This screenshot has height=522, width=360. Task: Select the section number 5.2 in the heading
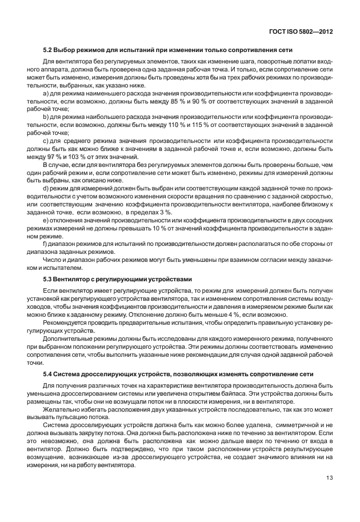pos(49,50)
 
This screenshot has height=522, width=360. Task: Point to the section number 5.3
pos(49,279)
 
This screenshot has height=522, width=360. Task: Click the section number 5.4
pos(49,374)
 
